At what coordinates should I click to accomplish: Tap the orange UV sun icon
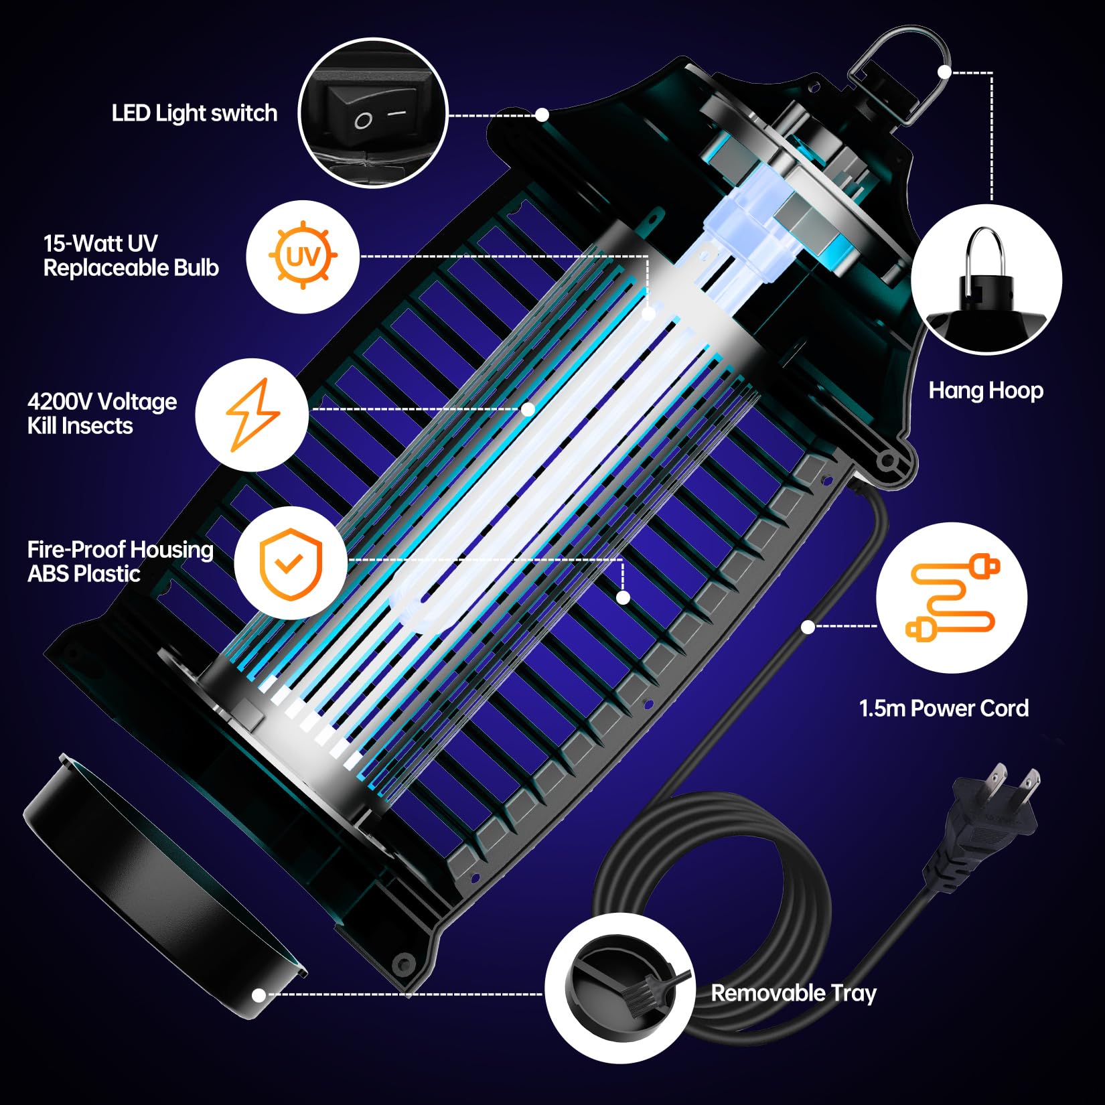[303, 256]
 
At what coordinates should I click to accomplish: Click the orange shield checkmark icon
[291, 563]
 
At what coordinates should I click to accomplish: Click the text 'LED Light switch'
[194, 113]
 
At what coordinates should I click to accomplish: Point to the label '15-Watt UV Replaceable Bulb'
[131, 255]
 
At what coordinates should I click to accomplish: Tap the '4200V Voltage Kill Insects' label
[102, 413]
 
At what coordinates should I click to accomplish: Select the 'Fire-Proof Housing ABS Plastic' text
[120, 561]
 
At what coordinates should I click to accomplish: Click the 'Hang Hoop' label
[985, 390]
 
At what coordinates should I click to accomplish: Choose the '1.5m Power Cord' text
[943, 708]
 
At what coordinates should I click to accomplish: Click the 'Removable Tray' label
[793, 992]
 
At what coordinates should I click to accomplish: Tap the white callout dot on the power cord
[808, 627]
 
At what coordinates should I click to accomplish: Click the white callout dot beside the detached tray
[259, 996]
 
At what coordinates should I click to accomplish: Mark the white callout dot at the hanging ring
[944, 72]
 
